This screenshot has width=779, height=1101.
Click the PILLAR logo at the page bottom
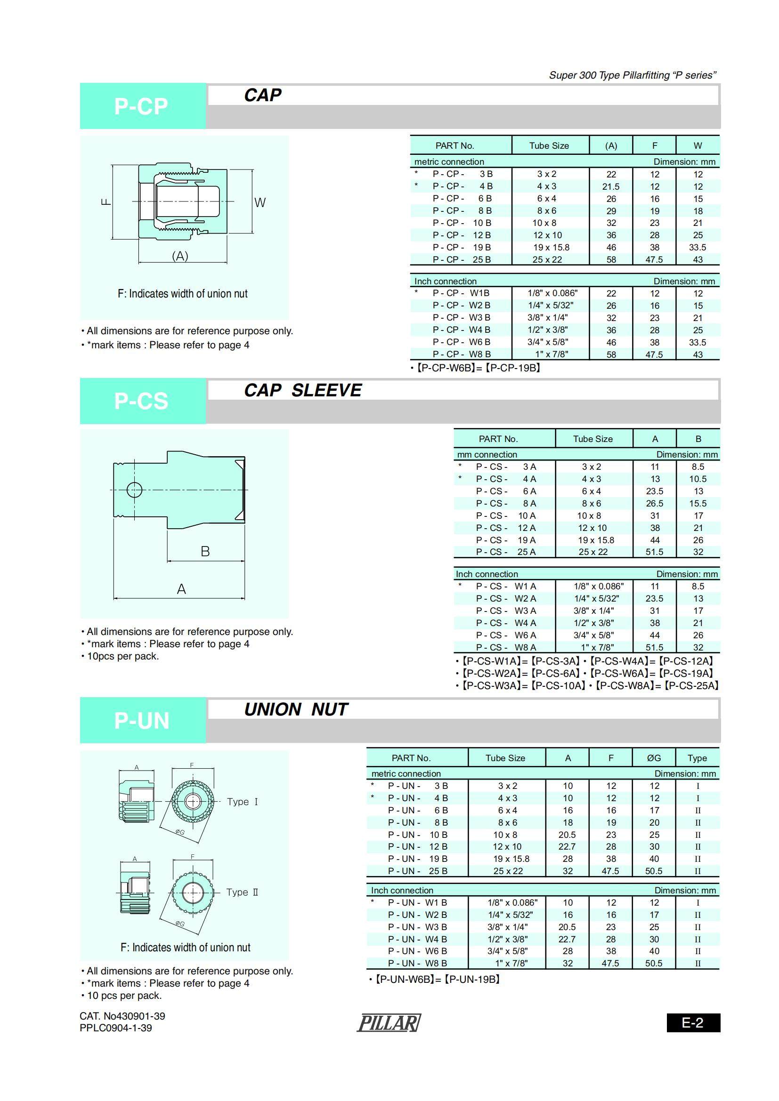click(x=389, y=1023)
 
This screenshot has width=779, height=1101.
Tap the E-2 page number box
click(x=693, y=1023)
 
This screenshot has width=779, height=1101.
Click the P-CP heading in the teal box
click(x=141, y=106)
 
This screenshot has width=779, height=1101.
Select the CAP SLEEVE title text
click(x=303, y=390)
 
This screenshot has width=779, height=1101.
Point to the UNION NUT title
click(x=296, y=709)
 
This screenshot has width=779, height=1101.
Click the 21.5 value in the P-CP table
click(x=611, y=186)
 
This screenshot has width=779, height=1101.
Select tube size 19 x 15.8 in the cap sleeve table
click(x=596, y=540)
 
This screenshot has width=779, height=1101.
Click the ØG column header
click(x=654, y=758)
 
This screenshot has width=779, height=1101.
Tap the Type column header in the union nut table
click(x=697, y=758)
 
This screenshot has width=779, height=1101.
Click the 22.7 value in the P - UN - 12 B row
click(x=567, y=847)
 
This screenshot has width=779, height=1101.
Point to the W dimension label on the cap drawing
click(x=260, y=202)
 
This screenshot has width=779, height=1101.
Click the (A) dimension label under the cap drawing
click(x=180, y=256)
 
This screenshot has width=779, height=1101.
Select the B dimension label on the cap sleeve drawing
click(x=205, y=552)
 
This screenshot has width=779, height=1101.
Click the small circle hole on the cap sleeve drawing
click(x=134, y=490)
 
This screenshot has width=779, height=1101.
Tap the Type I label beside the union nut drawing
click(x=242, y=802)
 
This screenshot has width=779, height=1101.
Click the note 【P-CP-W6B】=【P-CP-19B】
click(x=478, y=368)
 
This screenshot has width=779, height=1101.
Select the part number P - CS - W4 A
click(x=505, y=623)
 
